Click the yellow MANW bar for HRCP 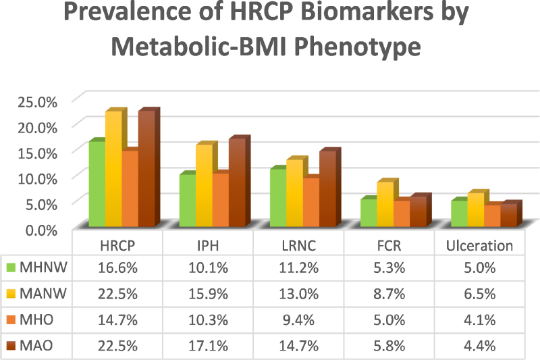[x=113, y=169]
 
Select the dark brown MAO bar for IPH [x=238, y=182]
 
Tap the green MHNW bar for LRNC [x=278, y=198]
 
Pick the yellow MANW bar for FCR [x=385, y=204]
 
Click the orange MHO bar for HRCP [x=130, y=189]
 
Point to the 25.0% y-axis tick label [x=37, y=102]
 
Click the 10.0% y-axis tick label [x=37, y=179]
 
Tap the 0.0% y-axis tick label [x=41, y=230]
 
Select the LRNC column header [x=298, y=246]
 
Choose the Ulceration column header [x=479, y=246]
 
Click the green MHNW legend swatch [x=11, y=267]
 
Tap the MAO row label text [x=36, y=346]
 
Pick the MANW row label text [x=43, y=294]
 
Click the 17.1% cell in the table [x=208, y=346]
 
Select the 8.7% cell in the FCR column [x=389, y=294]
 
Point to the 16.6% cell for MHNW [x=117, y=267]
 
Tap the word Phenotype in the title [x=358, y=47]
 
